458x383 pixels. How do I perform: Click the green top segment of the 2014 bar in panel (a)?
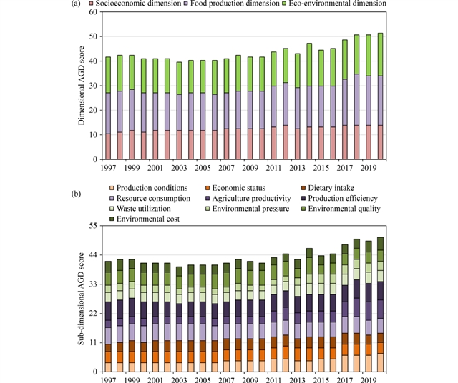tap(309, 65)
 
